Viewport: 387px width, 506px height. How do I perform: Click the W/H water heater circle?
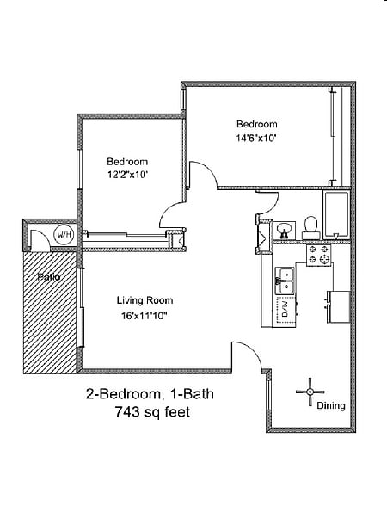tap(64, 235)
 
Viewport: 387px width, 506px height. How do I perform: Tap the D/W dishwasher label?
tap(286, 309)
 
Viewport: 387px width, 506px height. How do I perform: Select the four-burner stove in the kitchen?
tap(318, 256)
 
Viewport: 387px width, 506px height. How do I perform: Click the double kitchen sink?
tap(285, 281)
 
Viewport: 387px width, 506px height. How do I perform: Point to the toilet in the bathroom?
tap(311, 227)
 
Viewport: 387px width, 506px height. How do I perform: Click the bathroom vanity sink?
tap(284, 231)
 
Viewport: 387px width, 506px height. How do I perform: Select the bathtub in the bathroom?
tap(336, 215)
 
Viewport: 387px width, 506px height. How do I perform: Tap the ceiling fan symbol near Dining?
tap(310, 392)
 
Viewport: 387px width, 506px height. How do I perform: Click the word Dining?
tap(331, 405)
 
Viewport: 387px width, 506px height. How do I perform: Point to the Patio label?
tap(49, 276)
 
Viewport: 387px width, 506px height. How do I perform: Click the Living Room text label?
tap(144, 300)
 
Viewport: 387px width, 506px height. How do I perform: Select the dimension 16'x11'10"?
tap(144, 316)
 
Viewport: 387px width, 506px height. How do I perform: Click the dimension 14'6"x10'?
tap(256, 138)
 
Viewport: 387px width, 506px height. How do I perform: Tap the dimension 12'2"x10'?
tap(127, 175)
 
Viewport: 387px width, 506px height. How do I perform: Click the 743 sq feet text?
tap(152, 412)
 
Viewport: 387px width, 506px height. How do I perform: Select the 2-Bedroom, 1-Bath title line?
tap(150, 394)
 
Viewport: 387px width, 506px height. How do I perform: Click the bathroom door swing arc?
tap(268, 204)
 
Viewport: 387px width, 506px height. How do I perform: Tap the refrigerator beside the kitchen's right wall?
tap(339, 306)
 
